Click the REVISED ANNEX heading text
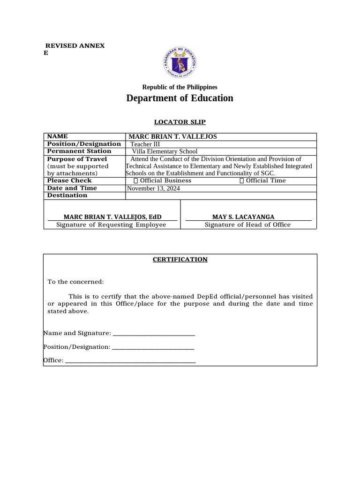point(75,45)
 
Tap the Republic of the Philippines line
point(180,87)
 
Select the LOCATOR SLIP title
point(180,122)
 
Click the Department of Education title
point(180,98)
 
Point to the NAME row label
point(58,136)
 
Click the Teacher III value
point(145,144)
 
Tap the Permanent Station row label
point(79,151)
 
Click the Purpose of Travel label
point(77,159)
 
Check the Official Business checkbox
point(136,180)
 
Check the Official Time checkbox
point(242,180)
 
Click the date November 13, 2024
point(153,188)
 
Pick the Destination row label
point(67,195)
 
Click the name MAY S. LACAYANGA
point(243,217)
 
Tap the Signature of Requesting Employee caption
point(111,225)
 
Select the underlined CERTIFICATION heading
point(180,259)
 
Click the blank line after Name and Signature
point(154,334)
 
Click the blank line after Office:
point(130,361)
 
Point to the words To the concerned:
point(75,281)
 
